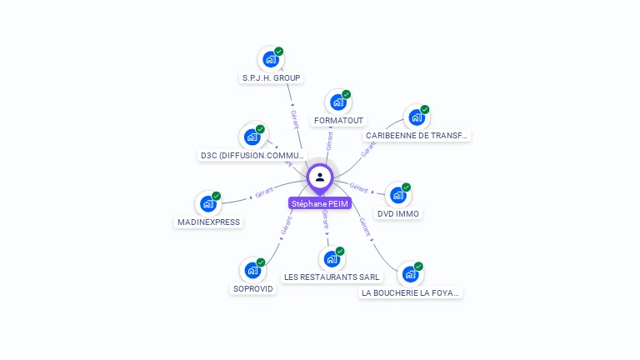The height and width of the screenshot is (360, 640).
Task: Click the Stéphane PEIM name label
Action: [320, 203]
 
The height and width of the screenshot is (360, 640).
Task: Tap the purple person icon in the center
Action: [320, 177]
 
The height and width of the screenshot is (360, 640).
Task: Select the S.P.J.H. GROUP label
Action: [271, 77]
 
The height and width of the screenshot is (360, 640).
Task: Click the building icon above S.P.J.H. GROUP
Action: [270, 59]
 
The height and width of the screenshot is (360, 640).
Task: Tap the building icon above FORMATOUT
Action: [337, 102]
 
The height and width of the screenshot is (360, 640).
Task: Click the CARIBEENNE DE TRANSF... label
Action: [417, 135]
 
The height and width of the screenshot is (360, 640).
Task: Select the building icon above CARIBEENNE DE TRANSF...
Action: [416, 117]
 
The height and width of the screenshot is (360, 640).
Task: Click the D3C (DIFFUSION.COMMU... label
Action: [252, 155]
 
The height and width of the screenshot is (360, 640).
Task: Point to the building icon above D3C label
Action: [252, 137]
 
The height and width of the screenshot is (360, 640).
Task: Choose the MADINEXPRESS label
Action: [208, 222]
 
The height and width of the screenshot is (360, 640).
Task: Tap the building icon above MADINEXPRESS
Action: [208, 204]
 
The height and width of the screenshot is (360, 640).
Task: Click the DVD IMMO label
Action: [398, 213]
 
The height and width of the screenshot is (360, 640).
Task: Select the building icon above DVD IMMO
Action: [397, 195]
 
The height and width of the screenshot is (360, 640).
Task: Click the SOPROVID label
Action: [252, 288]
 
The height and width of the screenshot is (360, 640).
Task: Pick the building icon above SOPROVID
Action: [252, 270]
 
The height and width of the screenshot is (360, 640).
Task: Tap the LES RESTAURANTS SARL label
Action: [332, 277]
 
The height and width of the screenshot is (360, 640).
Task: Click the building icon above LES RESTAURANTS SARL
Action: [332, 258]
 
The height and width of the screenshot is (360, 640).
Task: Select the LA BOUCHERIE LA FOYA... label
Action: [411, 292]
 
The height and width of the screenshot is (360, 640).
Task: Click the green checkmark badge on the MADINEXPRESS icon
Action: [217, 197]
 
